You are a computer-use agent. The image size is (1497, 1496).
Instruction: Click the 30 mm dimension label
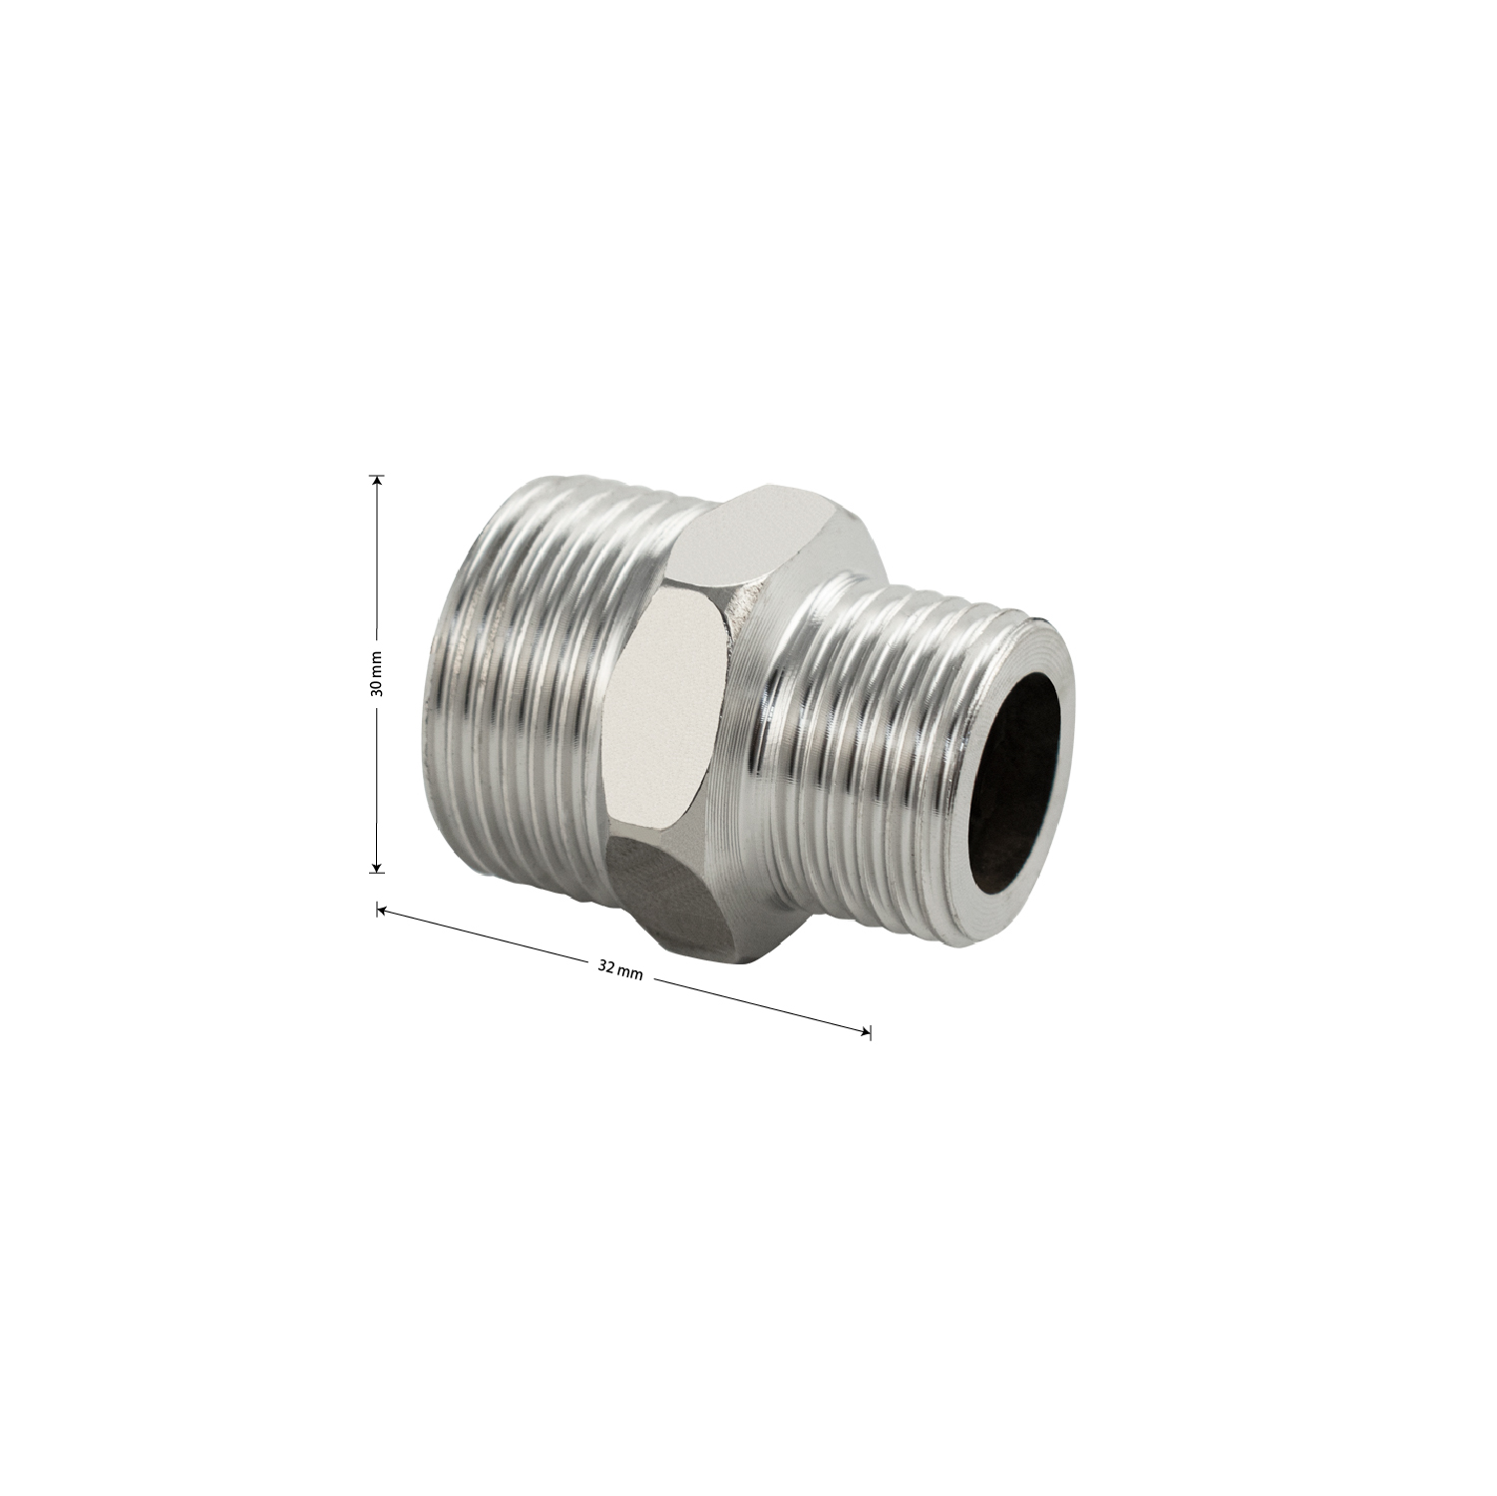click(377, 673)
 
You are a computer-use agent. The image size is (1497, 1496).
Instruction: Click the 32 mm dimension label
click(620, 971)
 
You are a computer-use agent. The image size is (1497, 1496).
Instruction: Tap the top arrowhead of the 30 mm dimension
click(377, 481)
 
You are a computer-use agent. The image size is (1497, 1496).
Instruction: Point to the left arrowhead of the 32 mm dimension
click(382, 910)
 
